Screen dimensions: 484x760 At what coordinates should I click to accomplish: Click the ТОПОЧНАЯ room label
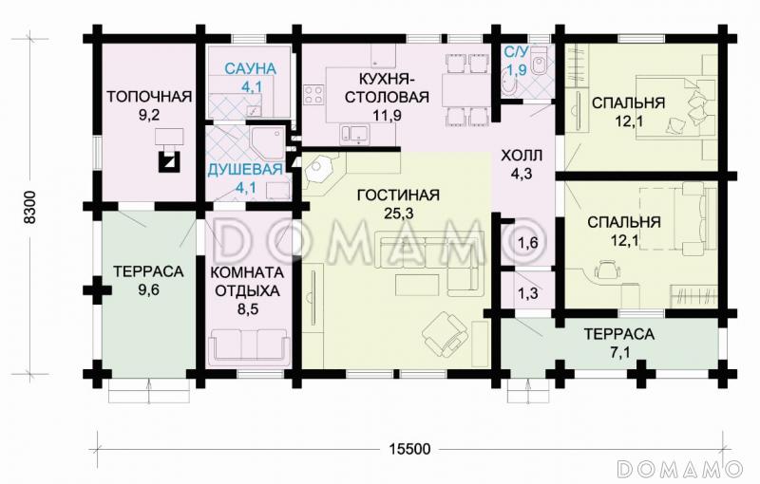149,96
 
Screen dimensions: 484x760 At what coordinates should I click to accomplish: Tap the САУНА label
250,68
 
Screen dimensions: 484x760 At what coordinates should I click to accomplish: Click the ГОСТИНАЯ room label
398,195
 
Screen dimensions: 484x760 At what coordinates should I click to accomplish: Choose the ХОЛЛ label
522,157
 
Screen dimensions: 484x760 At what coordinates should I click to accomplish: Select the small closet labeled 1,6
527,244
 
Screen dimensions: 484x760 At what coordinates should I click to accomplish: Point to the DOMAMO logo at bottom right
677,468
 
